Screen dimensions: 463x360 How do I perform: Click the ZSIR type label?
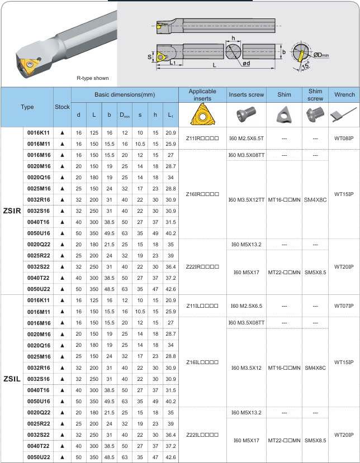pyautogui.click(x=12, y=211)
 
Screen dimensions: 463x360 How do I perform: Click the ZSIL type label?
pyautogui.click(x=12, y=379)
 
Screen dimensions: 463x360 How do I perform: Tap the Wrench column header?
pyautogui.click(x=344, y=95)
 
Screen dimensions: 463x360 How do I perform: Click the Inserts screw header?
pyautogui.click(x=246, y=95)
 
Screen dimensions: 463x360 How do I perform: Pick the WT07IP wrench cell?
pyautogui.click(x=344, y=306)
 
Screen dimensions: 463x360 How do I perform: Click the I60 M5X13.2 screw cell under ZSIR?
pyautogui.click(x=246, y=244)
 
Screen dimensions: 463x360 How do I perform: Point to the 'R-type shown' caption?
pyautogui.click(x=93, y=78)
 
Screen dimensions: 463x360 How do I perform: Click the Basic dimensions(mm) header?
pyautogui.click(x=124, y=95)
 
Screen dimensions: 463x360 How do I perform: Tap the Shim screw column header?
pyautogui.click(x=315, y=95)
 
